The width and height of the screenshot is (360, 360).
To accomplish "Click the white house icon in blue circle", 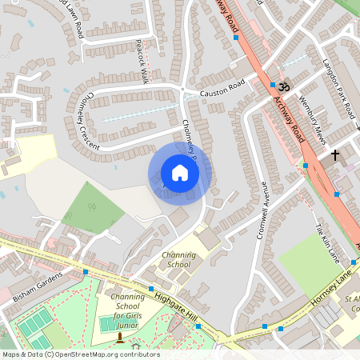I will pos(180,173).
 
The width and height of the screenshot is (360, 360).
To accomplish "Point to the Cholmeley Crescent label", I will pos(90,121).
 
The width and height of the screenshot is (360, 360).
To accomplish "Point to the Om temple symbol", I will pos(285,83).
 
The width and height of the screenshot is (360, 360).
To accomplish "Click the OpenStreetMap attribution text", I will pos(80,354).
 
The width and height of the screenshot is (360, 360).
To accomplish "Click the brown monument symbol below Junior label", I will pos(121,337).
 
